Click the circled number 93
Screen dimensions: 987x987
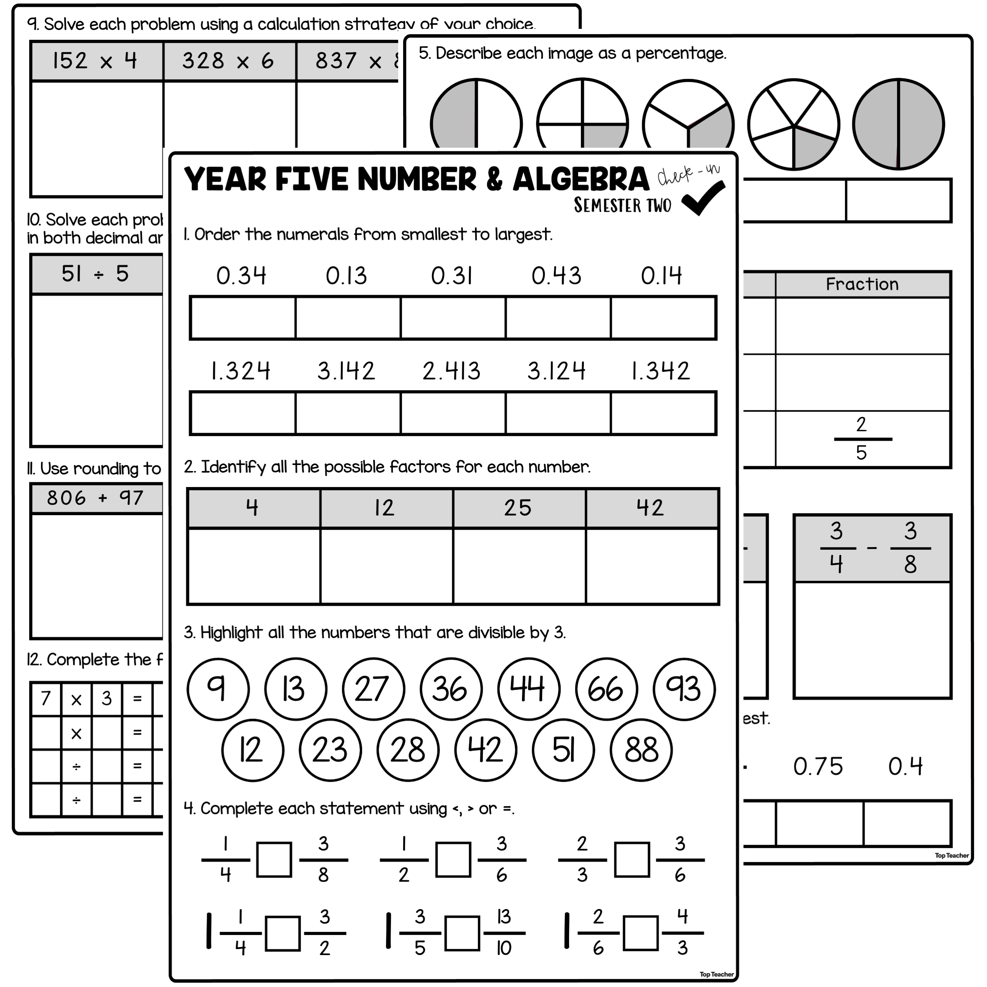tap(684, 689)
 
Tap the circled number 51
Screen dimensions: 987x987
tap(563, 750)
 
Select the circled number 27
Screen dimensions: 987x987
tap(373, 689)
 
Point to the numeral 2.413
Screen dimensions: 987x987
tap(451, 371)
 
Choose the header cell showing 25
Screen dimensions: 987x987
tap(518, 508)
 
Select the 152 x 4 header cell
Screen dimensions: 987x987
tap(96, 61)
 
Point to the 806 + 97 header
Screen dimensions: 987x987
tap(96, 498)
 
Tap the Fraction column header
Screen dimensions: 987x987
tap(862, 284)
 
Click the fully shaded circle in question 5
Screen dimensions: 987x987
tap(897, 124)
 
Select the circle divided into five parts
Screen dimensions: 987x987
tap(793, 124)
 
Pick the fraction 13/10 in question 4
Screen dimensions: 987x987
tap(504, 933)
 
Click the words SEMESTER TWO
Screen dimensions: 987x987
tap(622, 205)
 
